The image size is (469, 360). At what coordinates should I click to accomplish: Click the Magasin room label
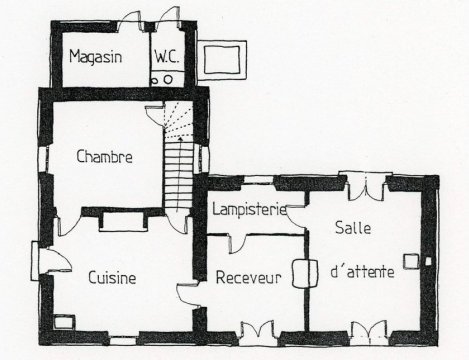[x=95, y=56]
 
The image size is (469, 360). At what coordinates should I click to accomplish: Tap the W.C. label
[x=166, y=57]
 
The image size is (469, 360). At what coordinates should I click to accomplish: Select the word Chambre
[x=104, y=156]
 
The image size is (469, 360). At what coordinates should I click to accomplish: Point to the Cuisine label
[x=112, y=277]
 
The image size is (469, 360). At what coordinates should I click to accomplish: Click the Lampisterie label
[x=250, y=210]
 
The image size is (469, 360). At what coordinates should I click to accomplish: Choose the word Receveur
[x=249, y=277]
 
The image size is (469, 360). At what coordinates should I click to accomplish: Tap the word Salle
[x=353, y=228]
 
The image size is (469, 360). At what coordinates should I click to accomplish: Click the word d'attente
[x=362, y=271]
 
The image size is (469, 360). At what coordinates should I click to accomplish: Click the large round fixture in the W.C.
[x=168, y=80]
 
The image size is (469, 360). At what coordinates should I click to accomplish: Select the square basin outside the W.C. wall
[x=222, y=60]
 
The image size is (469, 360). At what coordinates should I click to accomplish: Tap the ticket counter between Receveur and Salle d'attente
[x=305, y=273]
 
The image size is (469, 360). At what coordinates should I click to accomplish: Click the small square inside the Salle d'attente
[x=411, y=261]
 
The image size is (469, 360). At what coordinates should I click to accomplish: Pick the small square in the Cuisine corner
[x=63, y=322]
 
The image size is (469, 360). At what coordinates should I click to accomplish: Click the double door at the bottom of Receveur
[x=258, y=330]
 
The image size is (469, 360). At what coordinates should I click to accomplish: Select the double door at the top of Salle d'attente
[x=366, y=187]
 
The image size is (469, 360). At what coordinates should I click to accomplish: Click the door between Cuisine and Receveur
[x=187, y=293]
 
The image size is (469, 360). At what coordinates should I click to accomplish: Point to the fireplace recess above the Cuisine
[x=123, y=221]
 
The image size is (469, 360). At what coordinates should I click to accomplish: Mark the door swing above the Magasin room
[x=130, y=21]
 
